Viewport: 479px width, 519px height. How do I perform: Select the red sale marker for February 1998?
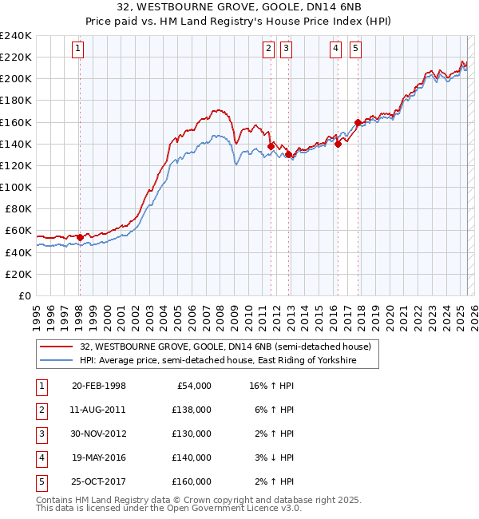[x=80, y=237]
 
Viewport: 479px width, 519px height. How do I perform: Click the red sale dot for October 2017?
[x=358, y=122]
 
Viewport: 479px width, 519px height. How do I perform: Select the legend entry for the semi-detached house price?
[x=226, y=347]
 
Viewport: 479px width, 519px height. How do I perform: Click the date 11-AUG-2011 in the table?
[x=98, y=410]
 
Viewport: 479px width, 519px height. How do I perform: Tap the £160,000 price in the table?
[x=192, y=481]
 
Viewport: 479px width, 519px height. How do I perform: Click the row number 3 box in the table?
[x=40, y=434]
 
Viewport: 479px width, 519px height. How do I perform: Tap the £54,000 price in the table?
[x=194, y=386]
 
